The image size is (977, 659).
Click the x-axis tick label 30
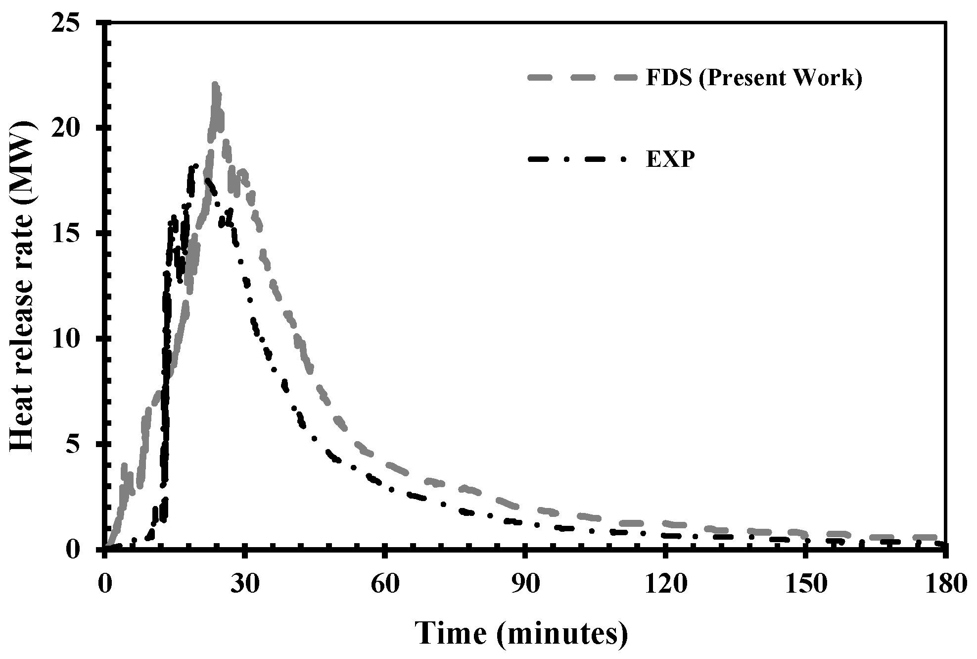245,585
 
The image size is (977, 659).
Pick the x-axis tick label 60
385,585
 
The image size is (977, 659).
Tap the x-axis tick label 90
525,585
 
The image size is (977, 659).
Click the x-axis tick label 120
665,585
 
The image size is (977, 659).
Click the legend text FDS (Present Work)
754,79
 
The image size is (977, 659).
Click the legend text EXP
670,160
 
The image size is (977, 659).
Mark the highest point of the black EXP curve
196,166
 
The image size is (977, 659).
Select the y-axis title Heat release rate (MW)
24,286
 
